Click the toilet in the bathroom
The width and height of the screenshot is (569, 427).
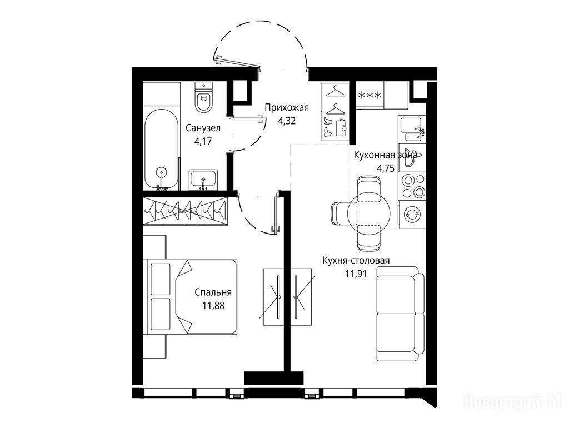[x=203, y=97]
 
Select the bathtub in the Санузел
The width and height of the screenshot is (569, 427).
[x=162, y=149]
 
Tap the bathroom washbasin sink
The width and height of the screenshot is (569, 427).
[x=203, y=180]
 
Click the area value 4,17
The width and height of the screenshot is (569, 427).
[x=203, y=141]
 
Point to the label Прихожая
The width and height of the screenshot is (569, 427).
[x=287, y=107]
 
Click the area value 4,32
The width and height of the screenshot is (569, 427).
[x=287, y=120]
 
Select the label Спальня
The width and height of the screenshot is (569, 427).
[x=213, y=292]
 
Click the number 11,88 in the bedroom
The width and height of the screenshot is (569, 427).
[x=213, y=305]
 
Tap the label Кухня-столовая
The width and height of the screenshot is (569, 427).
[x=356, y=260]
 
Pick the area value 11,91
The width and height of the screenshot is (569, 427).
[x=356, y=274]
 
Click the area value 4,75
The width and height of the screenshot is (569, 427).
[x=386, y=168]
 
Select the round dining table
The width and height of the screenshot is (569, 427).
[x=369, y=213]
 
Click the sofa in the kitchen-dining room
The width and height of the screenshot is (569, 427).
[x=400, y=314]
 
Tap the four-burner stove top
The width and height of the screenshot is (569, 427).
[x=412, y=186]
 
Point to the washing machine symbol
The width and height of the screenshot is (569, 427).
[x=412, y=214]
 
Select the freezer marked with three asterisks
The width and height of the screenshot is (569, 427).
[x=370, y=95]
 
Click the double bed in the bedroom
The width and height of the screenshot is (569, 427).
[x=192, y=296]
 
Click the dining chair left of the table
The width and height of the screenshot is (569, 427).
[x=340, y=213]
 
